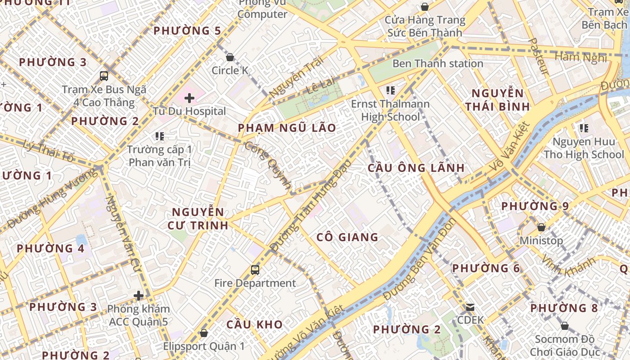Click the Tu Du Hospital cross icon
point(189,97)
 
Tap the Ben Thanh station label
point(437,63)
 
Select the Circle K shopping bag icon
point(230,57)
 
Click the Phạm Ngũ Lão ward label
point(287,128)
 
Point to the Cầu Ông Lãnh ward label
point(416,168)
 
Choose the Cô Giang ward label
point(347,237)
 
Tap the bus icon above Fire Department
point(255,270)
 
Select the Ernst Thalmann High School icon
point(390,90)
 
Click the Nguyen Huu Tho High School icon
point(584,128)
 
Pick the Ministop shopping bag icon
point(541,227)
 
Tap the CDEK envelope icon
point(470,307)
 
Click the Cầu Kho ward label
point(254,324)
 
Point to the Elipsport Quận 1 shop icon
point(203,333)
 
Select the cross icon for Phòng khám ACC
point(139,296)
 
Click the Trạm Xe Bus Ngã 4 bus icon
point(104,76)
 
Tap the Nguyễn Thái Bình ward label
point(497,100)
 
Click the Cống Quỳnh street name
point(269,165)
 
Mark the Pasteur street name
point(538,56)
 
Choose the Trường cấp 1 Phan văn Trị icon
point(159,136)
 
